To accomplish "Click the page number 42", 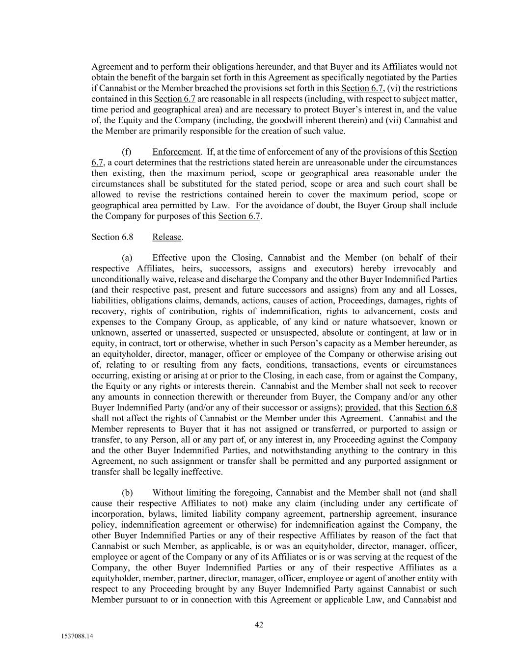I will coord(259,625).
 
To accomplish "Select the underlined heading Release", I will coord(167,237).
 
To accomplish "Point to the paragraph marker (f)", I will coord(126,152).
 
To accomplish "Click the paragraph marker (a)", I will coord(127,258).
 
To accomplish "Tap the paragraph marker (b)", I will coord(127,493).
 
